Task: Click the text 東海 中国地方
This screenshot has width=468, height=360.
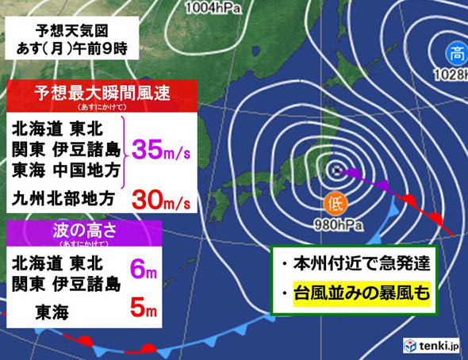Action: click(x=67, y=169)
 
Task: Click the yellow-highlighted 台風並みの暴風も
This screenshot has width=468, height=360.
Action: click(x=361, y=295)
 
